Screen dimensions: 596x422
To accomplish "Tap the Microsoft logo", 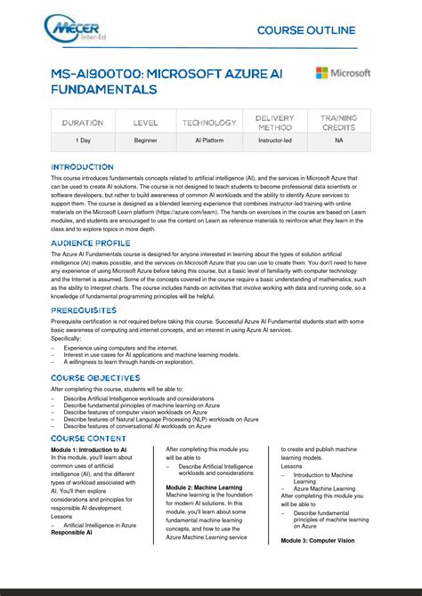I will pos(343,73).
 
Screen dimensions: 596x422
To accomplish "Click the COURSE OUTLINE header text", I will pos(306,30).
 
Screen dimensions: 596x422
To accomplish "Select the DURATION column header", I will pos(83,123).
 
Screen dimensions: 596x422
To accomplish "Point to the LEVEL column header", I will pos(146,123).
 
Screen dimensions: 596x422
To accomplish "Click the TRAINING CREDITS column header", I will pos(338,123).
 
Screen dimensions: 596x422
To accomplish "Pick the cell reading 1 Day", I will pos(83,141).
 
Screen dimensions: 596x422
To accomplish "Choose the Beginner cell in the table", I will pos(146,141).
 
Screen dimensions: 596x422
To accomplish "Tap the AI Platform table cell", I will pos(209,141).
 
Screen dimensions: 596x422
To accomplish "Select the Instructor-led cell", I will pos(274,141).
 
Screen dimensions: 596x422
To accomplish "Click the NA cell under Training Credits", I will pos(338,141).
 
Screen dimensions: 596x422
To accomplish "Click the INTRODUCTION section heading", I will pos(82,167).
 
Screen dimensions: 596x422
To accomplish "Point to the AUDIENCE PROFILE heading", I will pos(90,243).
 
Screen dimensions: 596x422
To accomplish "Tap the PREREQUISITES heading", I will pos(85,310).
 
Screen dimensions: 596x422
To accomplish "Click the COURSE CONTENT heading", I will pos(88,439).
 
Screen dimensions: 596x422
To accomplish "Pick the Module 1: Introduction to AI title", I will pos(88,450).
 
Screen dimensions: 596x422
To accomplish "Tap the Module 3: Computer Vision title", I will pos(318,541).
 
